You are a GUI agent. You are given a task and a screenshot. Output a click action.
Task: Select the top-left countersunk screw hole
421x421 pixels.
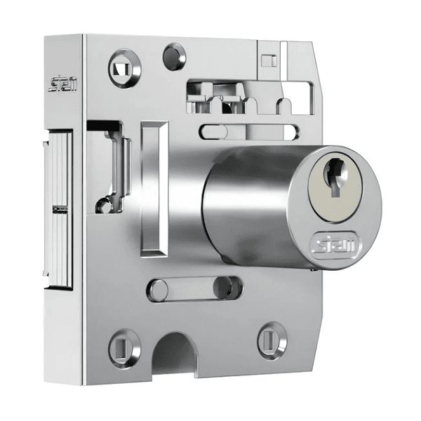tap(124, 67)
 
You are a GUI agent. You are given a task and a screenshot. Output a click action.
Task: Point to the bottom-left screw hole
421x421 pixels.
tap(124, 346)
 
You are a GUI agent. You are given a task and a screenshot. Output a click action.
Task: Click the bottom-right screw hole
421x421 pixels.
tap(271, 340)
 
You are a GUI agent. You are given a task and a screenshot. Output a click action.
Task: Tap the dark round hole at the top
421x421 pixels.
tap(173, 55)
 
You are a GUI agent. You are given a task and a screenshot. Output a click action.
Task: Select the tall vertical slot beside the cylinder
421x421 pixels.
tap(154, 187)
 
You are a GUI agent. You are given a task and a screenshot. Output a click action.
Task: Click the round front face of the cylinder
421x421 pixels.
tap(335, 203)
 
